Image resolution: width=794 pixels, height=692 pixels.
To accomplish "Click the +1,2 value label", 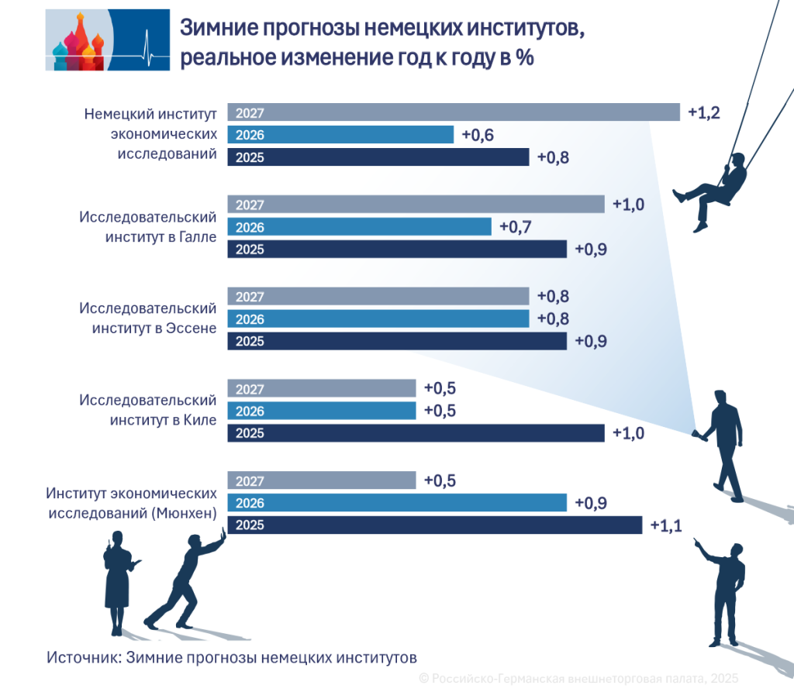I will point(704,113).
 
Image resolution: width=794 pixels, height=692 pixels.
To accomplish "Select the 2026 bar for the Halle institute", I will point(359,227).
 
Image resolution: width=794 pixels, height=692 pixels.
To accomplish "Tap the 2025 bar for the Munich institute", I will point(434,525).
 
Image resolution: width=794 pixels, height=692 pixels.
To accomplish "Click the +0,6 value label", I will point(478,136).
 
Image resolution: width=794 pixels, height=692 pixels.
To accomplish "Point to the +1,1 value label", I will point(666,526).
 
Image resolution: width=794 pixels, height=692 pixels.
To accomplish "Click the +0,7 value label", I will point(516,227).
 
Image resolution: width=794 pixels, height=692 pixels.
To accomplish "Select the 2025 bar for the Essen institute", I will point(396,342).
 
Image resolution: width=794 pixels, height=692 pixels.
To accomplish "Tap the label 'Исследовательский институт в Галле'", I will point(147,227).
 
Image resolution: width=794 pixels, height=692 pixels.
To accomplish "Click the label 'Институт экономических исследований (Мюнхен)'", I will point(130,503).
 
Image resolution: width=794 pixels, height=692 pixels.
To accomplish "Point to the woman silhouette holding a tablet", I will point(119,578).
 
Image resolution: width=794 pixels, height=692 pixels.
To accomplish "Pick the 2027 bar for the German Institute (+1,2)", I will point(453,113).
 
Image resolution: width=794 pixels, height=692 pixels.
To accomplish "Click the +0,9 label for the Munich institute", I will point(591,503).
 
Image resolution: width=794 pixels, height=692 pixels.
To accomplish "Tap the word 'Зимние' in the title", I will point(216,30).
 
